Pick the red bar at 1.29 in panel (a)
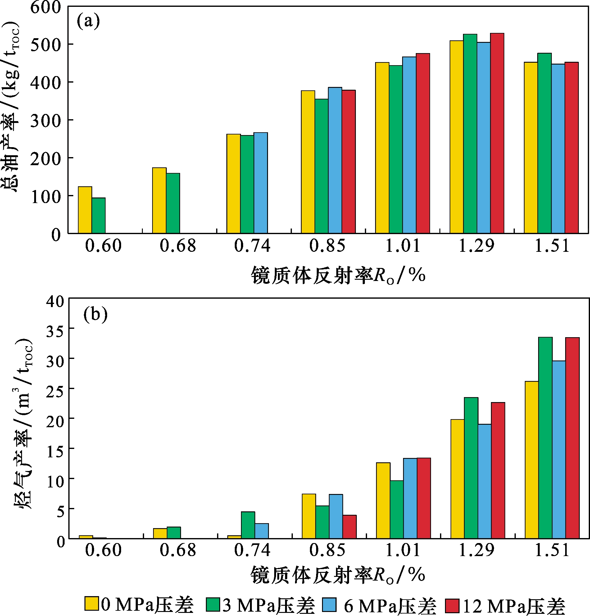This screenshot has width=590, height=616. (x=497, y=133)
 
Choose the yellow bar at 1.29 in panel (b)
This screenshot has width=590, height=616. (x=457, y=479)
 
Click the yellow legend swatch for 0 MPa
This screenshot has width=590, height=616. (x=92, y=604)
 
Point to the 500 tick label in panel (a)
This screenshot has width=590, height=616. (x=46, y=45)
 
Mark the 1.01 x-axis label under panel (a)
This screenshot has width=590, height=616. (x=402, y=246)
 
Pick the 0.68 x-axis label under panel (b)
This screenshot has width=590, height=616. (x=178, y=550)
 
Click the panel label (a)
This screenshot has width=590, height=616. (x=88, y=21)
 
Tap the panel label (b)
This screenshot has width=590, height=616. (x=95, y=315)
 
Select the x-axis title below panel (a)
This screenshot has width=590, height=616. (x=338, y=275)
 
